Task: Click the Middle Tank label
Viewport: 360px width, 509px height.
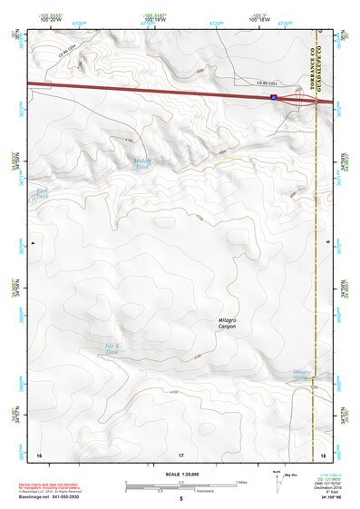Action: [141, 164]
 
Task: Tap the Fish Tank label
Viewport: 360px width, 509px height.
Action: [41, 193]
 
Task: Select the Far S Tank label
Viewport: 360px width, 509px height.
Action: [112, 348]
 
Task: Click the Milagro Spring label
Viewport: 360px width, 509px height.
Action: [303, 374]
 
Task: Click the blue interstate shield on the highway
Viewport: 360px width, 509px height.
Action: [273, 94]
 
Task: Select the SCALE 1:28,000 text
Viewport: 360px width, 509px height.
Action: [180, 475]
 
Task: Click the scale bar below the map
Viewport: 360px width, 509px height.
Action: [180, 487]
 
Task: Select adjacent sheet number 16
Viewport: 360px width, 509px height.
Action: [39, 454]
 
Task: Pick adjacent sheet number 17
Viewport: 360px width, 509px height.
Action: [180, 454]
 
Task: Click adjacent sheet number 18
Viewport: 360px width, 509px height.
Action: [324, 454]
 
